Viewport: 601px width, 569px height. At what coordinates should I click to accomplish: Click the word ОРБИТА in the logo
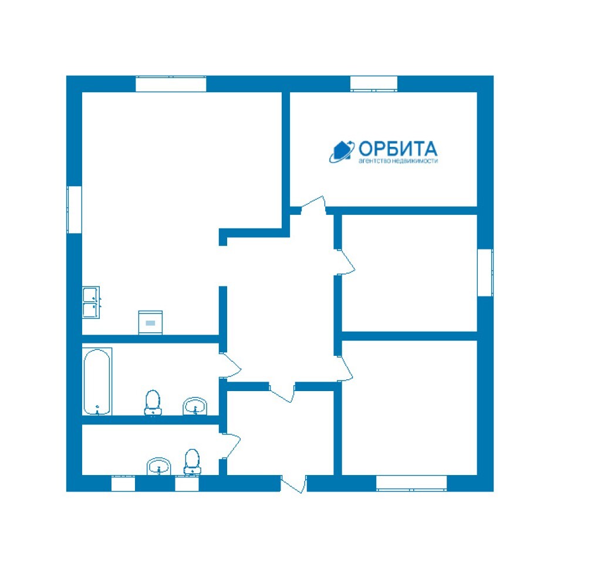click(398, 149)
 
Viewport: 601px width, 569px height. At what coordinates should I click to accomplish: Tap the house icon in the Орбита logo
click(342, 150)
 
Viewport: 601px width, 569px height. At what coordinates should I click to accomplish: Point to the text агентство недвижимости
click(398, 161)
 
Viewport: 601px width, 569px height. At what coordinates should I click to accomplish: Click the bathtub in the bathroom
click(97, 382)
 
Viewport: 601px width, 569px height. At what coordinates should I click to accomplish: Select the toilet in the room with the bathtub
click(153, 403)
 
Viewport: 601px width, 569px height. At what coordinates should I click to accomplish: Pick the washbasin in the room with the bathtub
click(195, 406)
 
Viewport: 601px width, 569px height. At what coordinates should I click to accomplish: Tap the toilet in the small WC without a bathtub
click(192, 462)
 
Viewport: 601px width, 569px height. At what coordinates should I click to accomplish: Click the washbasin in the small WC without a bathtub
click(158, 466)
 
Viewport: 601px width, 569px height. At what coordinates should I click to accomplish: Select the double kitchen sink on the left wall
click(91, 302)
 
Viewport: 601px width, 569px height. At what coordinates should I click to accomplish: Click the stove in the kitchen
click(150, 322)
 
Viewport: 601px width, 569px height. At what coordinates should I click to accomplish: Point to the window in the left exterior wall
click(75, 210)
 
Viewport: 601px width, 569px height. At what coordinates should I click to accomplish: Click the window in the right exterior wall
click(485, 272)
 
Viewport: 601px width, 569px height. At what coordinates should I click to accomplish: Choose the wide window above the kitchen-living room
click(171, 84)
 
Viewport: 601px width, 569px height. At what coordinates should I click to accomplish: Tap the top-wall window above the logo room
click(374, 84)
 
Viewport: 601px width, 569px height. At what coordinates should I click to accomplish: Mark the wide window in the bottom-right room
click(411, 483)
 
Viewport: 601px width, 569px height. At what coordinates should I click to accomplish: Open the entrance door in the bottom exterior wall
click(294, 484)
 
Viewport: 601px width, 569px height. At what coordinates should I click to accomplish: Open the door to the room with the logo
click(314, 206)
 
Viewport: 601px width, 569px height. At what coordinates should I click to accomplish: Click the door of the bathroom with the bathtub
click(230, 365)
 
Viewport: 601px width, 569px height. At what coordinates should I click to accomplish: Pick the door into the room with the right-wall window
click(345, 262)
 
